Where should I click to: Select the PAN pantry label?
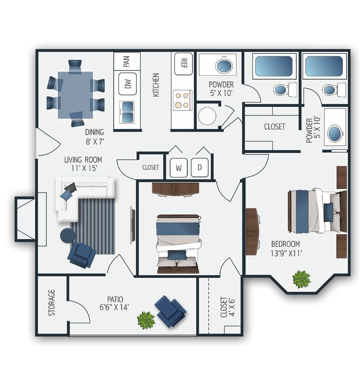(x=127, y=61)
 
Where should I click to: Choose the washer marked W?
(x=179, y=168)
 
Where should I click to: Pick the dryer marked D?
(x=199, y=168)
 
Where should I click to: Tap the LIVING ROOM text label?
(x=83, y=159)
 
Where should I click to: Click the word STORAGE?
(x=52, y=302)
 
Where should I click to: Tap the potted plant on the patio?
(x=146, y=320)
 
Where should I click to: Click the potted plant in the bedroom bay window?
(x=301, y=279)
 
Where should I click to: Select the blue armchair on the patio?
(x=171, y=311)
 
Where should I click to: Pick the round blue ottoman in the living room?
(x=67, y=235)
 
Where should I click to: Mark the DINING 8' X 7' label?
(x=94, y=136)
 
